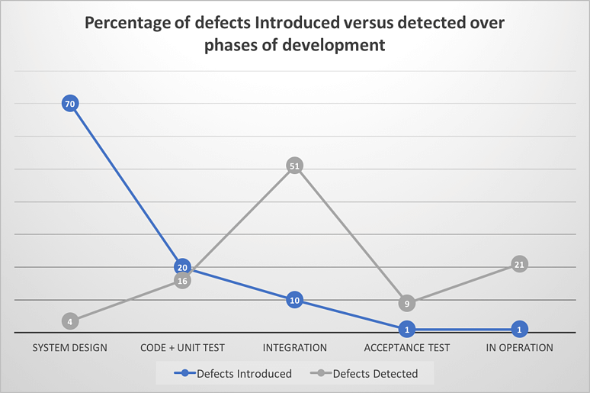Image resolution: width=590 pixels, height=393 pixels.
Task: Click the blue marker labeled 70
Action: pos(70,103)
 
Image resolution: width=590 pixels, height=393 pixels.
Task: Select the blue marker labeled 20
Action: pos(182,267)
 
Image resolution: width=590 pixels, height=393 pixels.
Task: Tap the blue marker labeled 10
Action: pos(294,300)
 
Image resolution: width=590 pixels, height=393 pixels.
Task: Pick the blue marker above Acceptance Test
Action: pos(407,330)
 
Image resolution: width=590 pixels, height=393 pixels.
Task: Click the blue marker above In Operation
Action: pos(519,330)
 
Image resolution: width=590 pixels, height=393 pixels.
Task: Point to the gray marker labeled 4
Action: pos(70,321)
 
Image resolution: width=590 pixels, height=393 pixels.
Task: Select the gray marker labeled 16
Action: pos(182,281)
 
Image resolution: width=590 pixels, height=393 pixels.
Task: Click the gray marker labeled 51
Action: pos(294,166)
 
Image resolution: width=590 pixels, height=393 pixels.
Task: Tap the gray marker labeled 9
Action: pos(407,304)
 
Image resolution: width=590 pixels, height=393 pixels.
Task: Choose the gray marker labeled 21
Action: pos(519,265)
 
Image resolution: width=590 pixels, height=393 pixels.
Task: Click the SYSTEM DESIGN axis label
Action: pos(70,348)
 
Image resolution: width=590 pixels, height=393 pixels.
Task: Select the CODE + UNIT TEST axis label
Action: pos(182,348)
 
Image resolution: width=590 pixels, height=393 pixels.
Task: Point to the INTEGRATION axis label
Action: pos(294,348)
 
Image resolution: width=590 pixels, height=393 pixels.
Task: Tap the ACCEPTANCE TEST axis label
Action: pos(407,348)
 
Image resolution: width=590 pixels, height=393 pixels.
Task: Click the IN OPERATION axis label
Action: pos(519,348)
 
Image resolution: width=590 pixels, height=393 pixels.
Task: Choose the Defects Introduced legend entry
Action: pos(233,374)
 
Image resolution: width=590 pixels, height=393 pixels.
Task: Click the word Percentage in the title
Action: pos(126,23)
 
